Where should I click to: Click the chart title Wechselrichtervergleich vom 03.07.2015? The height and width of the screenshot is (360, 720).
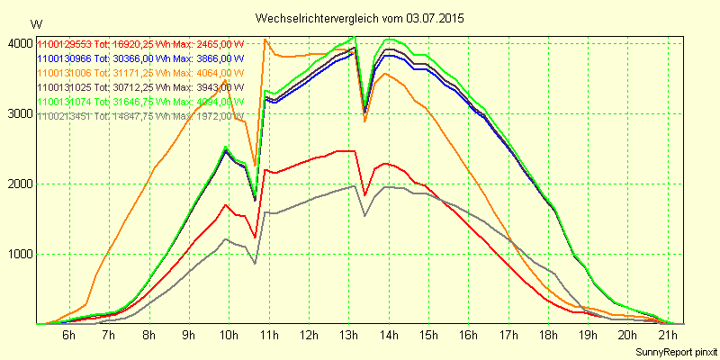[x=360, y=18]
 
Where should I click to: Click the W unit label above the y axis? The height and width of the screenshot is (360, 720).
[x=36, y=24]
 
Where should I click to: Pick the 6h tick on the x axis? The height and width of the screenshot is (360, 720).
[x=68, y=336]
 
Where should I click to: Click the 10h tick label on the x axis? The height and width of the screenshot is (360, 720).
[x=229, y=336]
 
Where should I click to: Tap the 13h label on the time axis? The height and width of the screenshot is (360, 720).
[x=349, y=336]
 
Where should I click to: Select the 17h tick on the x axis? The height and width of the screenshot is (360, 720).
[x=510, y=336]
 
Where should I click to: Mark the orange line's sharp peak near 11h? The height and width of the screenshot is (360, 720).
[x=265, y=39]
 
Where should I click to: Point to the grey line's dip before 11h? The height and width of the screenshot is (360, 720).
[x=255, y=263]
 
